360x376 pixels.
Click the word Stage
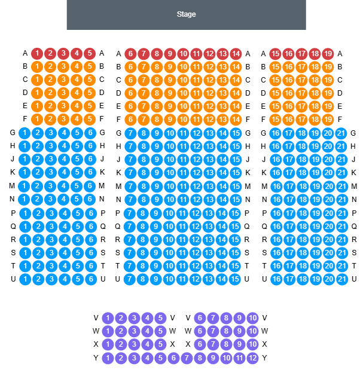point(186,14)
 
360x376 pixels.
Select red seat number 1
point(37,54)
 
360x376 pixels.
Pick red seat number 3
point(63,54)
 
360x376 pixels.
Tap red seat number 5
point(90,54)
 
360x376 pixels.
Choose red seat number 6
point(130,54)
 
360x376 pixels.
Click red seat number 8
point(157,54)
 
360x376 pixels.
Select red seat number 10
point(183,54)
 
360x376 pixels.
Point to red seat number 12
point(209,54)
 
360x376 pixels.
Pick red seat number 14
point(236,54)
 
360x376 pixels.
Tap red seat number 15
point(275,54)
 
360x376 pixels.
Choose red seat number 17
point(301,54)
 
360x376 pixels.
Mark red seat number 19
point(328,54)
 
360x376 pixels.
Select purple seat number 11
point(240,358)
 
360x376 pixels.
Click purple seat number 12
point(253,358)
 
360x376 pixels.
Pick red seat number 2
point(50,54)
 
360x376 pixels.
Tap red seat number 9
point(170,54)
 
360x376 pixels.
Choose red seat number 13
point(222,54)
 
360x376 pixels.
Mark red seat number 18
point(315,54)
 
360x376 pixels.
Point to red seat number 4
point(77,54)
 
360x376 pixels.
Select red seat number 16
point(288,54)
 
